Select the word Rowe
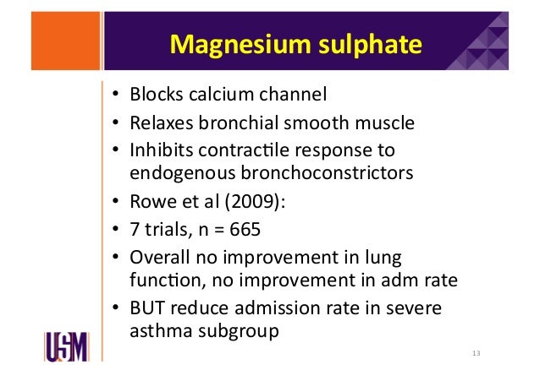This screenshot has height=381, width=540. pyautogui.click(x=151, y=202)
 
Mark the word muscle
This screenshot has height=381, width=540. pyautogui.click(x=388, y=123)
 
